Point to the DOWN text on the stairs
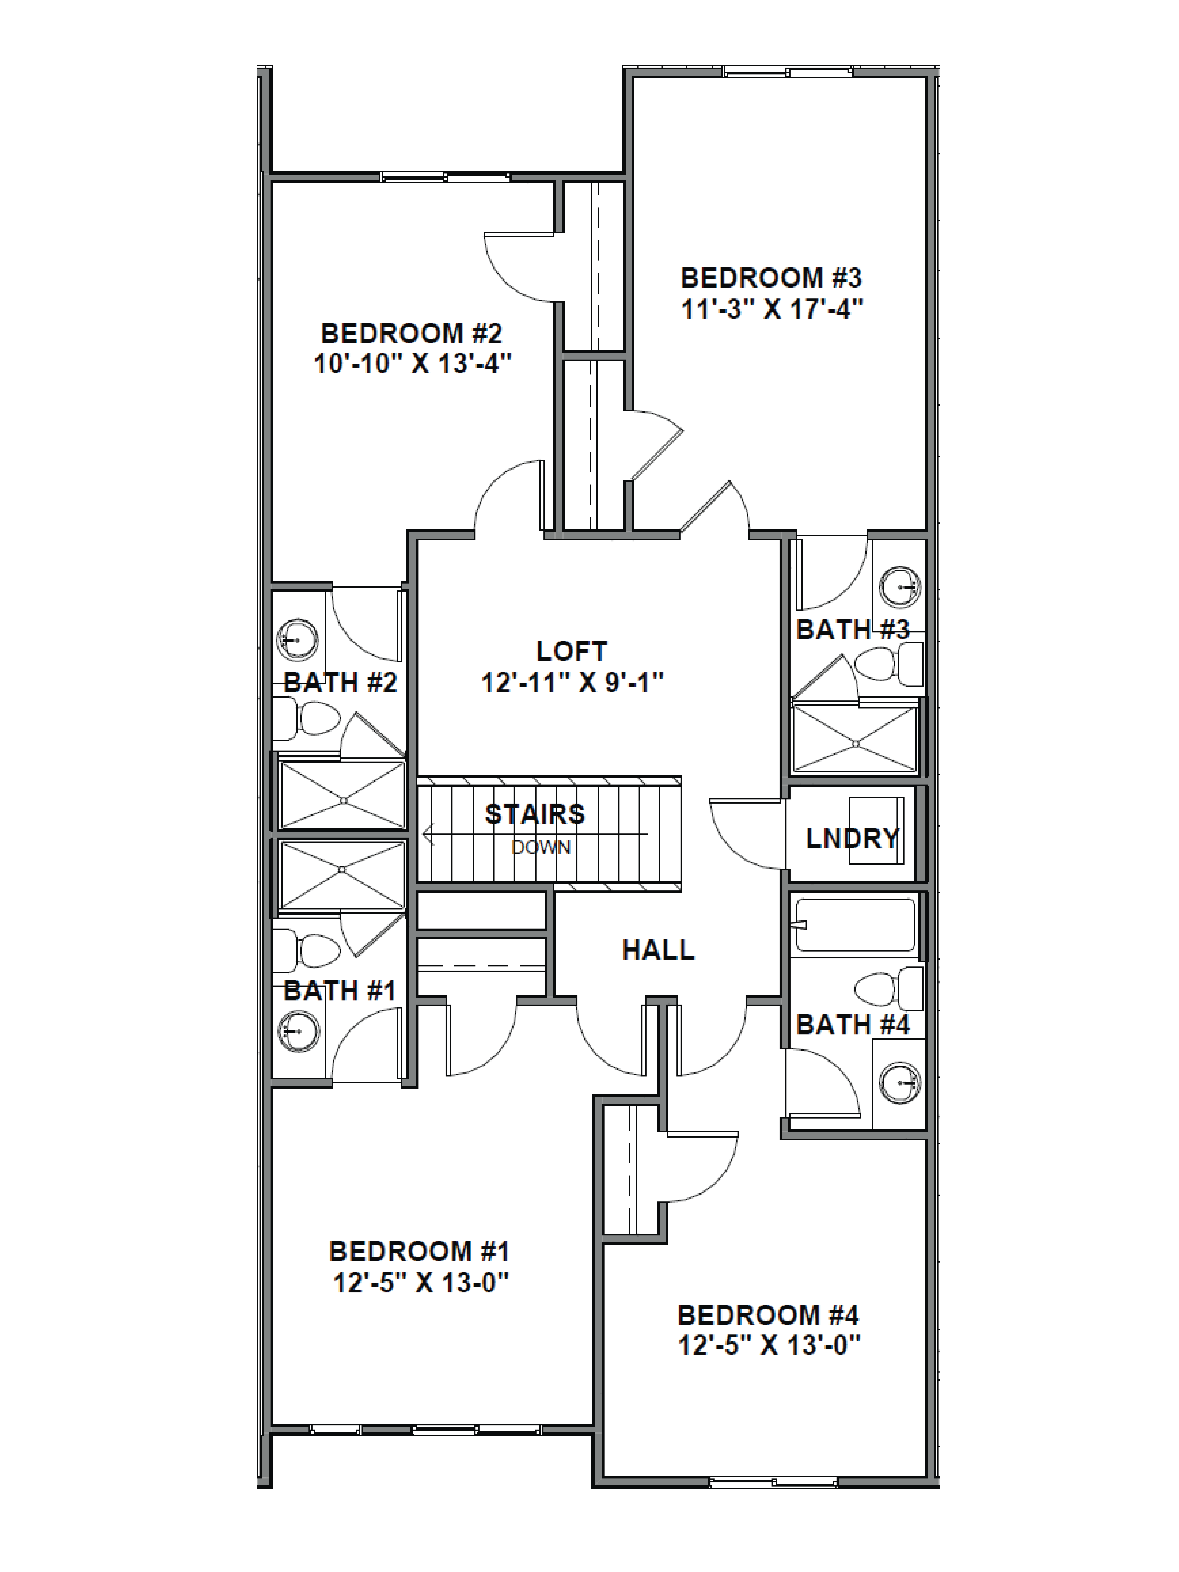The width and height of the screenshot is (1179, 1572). coord(541,847)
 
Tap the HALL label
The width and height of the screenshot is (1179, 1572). coord(658,950)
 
